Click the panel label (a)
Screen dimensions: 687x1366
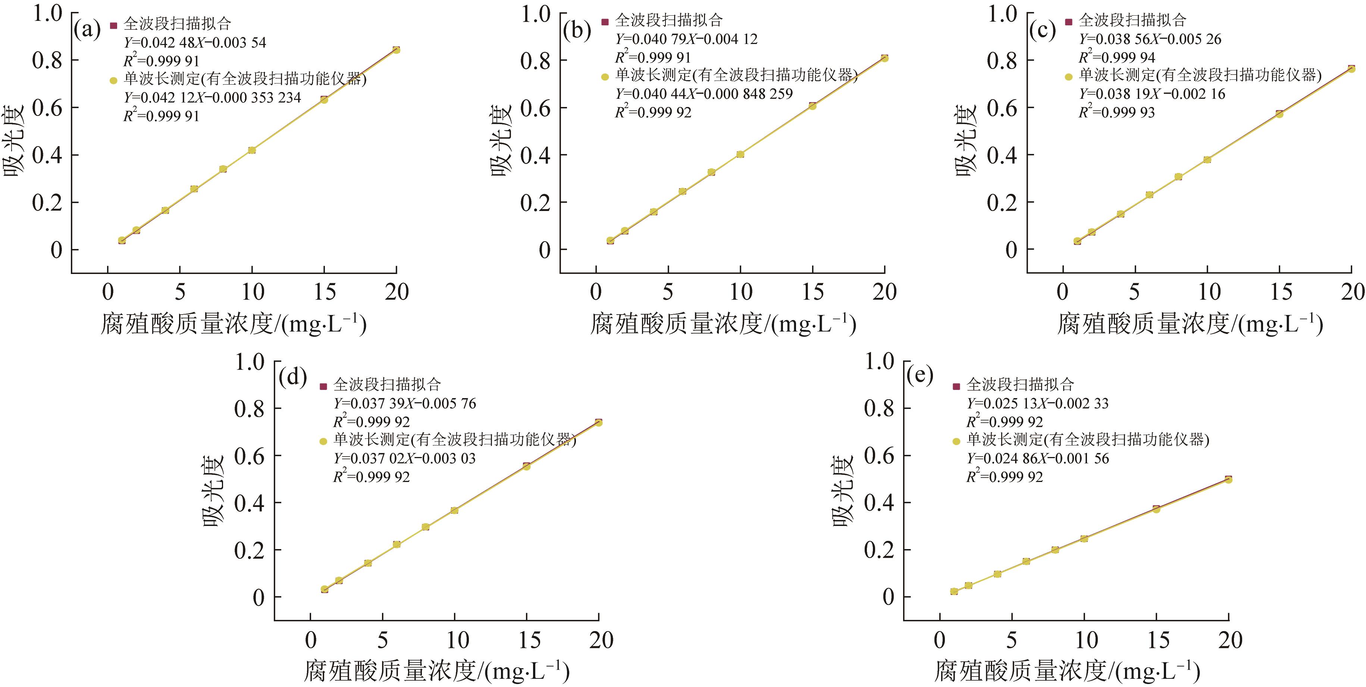click(x=87, y=30)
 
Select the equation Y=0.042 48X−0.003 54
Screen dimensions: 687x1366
click(x=195, y=42)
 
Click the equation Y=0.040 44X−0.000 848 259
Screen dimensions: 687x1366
click(x=704, y=94)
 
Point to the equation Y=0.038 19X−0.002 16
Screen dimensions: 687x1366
click(x=1152, y=94)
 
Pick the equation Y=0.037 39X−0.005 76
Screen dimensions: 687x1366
click(x=404, y=403)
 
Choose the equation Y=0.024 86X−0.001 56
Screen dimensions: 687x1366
click(x=1037, y=458)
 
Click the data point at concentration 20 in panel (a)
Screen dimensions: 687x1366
click(x=396, y=50)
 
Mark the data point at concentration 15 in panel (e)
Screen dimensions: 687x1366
click(x=1156, y=509)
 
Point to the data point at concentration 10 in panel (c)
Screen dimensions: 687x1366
click(x=1207, y=160)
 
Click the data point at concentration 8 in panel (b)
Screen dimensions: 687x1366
click(x=711, y=172)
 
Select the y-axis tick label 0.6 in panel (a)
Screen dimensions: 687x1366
click(x=48, y=108)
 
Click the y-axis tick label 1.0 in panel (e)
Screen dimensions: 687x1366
click(x=879, y=362)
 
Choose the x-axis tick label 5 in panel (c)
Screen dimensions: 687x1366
click(x=1134, y=291)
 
